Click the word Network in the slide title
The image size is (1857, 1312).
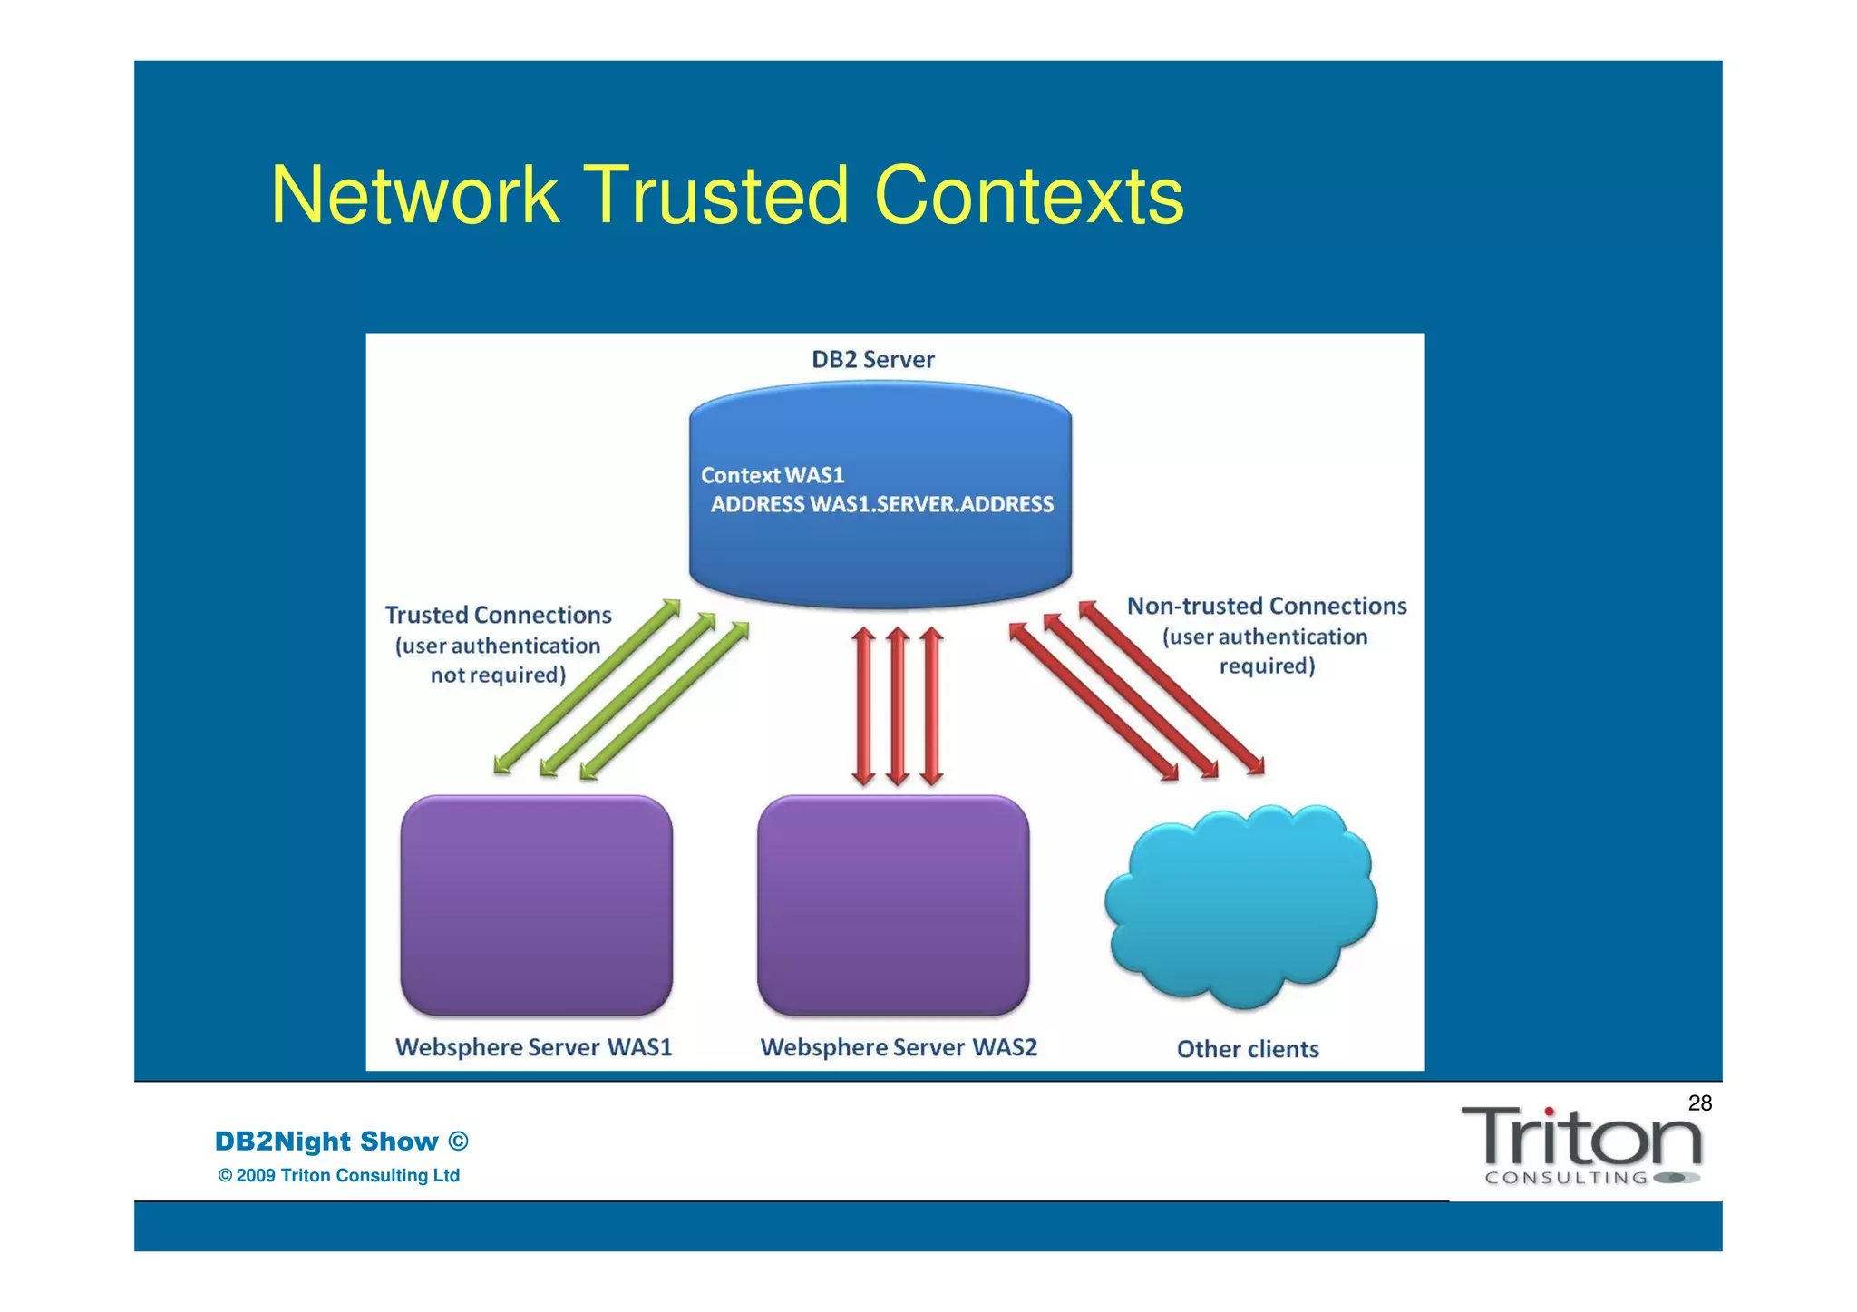(x=415, y=196)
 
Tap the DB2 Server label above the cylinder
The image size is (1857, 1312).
(x=872, y=360)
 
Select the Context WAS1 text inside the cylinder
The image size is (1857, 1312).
(x=772, y=475)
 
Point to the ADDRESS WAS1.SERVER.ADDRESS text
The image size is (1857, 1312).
(x=881, y=505)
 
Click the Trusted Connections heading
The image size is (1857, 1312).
(x=498, y=616)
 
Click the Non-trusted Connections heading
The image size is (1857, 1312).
(x=1266, y=607)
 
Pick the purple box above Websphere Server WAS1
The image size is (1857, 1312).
(x=536, y=905)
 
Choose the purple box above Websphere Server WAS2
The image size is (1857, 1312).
(x=893, y=905)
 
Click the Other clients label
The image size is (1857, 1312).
(x=1247, y=1049)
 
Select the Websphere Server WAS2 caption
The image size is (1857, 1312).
(x=898, y=1048)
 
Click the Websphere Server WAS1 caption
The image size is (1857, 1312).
(x=533, y=1048)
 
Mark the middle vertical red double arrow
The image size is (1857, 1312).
(x=897, y=705)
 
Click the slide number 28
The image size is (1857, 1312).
(x=1699, y=1103)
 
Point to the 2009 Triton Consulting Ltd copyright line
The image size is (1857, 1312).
(x=339, y=1176)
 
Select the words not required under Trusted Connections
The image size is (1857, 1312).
(x=498, y=675)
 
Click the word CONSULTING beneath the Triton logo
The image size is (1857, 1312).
(x=1566, y=1179)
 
